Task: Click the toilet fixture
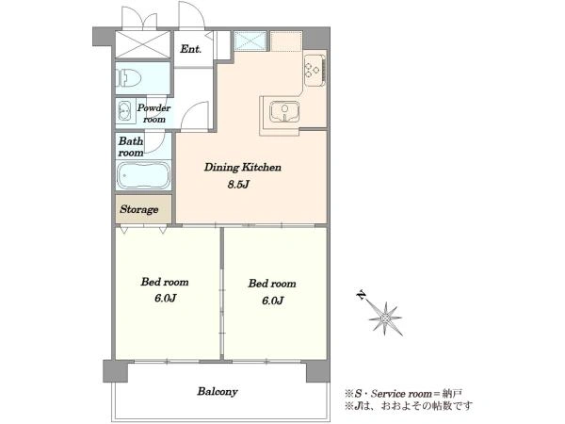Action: (x=128, y=78)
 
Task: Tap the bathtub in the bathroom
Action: (x=143, y=175)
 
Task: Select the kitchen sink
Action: (x=284, y=111)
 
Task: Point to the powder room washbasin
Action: (x=124, y=110)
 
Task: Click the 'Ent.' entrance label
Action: (x=190, y=49)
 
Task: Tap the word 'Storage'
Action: (x=139, y=209)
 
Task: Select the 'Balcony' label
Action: (x=218, y=392)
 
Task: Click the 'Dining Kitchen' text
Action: (x=243, y=168)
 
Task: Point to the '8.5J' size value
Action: (x=238, y=185)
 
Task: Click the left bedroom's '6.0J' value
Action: (x=165, y=298)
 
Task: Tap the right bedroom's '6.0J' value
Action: (x=272, y=301)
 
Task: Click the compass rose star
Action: (x=385, y=318)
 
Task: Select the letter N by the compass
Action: (x=361, y=295)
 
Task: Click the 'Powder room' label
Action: (x=153, y=113)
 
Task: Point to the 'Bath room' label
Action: (x=131, y=147)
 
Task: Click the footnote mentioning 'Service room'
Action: (x=403, y=393)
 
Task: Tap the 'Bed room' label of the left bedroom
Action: (x=165, y=282)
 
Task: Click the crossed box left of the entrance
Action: (x=143, y=44)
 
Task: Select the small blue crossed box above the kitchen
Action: (x=250, y=41)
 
